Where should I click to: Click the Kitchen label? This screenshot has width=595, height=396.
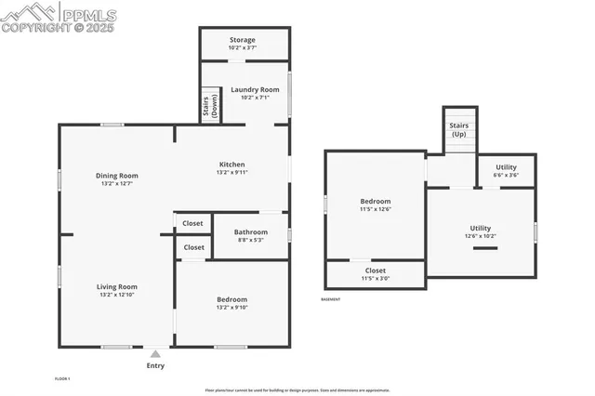[x=231, y=165]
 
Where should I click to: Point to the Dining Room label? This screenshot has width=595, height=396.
[x=116, y=176]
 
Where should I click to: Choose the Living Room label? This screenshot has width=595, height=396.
[x=116, y=287]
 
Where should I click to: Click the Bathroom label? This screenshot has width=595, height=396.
[x=250, y=232]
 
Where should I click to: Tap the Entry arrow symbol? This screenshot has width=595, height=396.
[x=155, y=353]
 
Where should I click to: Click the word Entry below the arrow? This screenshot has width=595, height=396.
[x=155, y=365]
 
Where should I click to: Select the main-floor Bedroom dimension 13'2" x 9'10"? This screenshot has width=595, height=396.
[x=231, y=307]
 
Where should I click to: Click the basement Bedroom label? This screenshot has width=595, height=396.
[x=375, y=202]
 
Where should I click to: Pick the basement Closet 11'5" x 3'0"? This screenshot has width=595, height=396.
[x=375, y=274]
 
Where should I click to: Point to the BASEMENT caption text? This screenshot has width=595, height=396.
[x=331, y=299]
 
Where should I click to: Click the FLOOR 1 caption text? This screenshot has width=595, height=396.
[x=62, y=378]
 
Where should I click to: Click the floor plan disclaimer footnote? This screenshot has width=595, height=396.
[x=297, y=390]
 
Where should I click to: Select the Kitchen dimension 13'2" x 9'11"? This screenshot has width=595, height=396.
[x=231, y=172]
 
